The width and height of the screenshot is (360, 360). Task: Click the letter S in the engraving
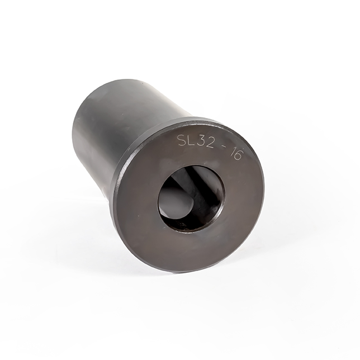click(x=182, y=140)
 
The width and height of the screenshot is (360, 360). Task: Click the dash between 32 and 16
click(x=222, y=151)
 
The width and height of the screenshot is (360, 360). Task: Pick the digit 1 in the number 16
click(x=230, y=153)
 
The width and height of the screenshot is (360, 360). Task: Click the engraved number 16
click(x=235, y=154)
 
